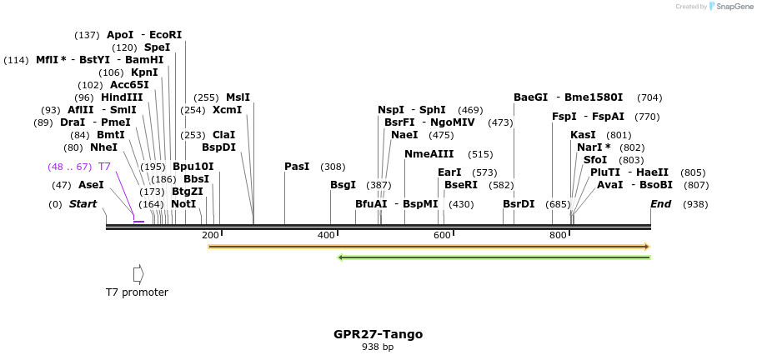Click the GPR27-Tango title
click(x=378, y=334)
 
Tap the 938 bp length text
click(x=378, y=347)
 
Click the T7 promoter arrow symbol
click(x=138, y=274)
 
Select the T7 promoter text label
click(x=137, y=292)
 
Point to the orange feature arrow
click(x=429, y=247)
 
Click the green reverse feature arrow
click(x=494, y=257)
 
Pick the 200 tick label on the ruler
click(x=210, y=236)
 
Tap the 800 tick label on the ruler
click(x=559, y=236)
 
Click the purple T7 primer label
click(x=104, y=167)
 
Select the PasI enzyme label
click(x=297, y=167)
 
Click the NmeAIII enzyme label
click(x=429, y=154)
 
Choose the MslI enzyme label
click(x=238, y=97)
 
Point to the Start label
click(x=83, y=204)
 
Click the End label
click(x=660, y=204)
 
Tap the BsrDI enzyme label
click(x=519, y=204)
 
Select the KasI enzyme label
click(x=583, y=135)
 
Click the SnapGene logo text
click(x=731, y=7)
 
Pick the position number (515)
click(x=480, y=154)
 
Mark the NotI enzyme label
click(x=183, y=204)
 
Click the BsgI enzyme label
click(x=343, y=185)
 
